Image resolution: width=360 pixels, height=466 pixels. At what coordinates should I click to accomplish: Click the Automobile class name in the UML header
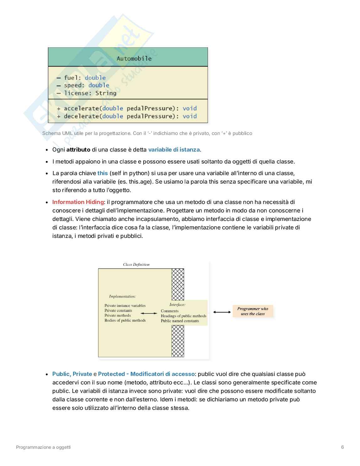134,59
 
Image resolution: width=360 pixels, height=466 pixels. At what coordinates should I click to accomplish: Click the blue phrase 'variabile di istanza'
174,150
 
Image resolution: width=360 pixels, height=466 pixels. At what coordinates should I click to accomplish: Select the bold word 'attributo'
78,150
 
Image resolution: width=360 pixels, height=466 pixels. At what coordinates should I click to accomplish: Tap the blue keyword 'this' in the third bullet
103,173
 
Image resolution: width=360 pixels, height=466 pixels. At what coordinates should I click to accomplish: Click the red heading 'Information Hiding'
78,202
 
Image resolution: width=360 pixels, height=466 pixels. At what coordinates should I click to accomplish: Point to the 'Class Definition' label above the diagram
136,265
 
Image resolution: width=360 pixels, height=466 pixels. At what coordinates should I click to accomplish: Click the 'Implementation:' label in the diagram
122,296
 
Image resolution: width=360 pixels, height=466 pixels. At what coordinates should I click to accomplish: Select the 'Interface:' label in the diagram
177,304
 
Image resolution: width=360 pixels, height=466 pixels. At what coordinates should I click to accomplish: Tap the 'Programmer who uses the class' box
253,311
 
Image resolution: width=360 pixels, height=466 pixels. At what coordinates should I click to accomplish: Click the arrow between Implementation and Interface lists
149,313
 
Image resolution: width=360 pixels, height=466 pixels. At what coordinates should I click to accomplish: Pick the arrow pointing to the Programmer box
222,312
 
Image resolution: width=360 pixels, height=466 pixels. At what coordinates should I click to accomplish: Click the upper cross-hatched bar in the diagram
178,284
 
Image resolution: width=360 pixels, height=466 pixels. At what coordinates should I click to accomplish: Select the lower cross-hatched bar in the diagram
178,341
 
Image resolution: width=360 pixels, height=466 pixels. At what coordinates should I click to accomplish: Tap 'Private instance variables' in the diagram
125,305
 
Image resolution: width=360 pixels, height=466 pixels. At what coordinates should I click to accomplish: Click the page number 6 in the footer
342,447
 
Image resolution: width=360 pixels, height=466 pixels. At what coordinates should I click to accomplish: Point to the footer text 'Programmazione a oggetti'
43,447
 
